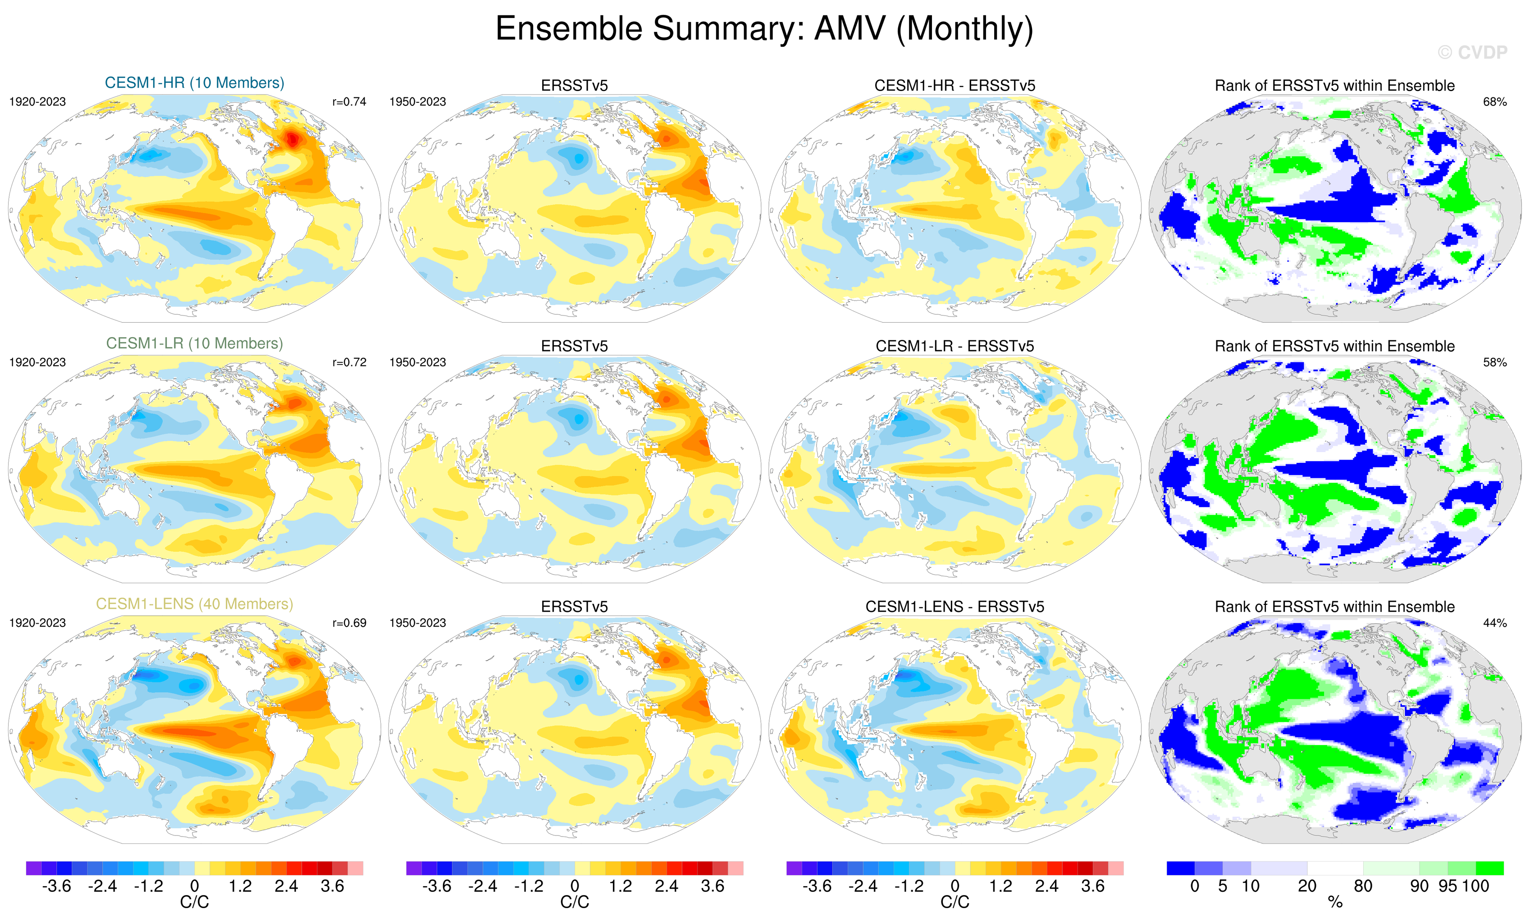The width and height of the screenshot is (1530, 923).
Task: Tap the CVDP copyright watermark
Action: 1472,53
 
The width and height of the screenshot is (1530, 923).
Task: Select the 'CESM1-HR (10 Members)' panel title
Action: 194,83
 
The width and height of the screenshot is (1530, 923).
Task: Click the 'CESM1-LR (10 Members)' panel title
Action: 194,343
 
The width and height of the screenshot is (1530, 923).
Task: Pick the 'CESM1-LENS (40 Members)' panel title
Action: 194,604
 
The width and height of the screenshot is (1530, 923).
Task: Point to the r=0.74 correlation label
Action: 349,102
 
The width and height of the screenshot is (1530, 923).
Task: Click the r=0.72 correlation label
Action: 349,362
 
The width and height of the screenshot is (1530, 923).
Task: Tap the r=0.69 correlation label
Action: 349,622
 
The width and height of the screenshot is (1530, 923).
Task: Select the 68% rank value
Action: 1494,102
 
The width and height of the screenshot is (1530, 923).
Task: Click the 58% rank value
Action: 1494,362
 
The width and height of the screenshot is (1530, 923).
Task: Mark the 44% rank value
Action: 1494,622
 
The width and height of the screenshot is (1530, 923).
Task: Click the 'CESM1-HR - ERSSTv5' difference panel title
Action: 955,86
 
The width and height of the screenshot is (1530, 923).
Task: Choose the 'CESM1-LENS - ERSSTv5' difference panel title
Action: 955,607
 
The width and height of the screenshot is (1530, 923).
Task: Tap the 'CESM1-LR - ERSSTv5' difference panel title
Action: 955,346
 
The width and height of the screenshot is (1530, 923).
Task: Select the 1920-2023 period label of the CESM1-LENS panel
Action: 37,622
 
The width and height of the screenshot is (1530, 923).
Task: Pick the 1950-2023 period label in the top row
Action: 417,102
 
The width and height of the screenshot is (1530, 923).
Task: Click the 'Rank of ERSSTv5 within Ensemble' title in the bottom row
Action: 1334,607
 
